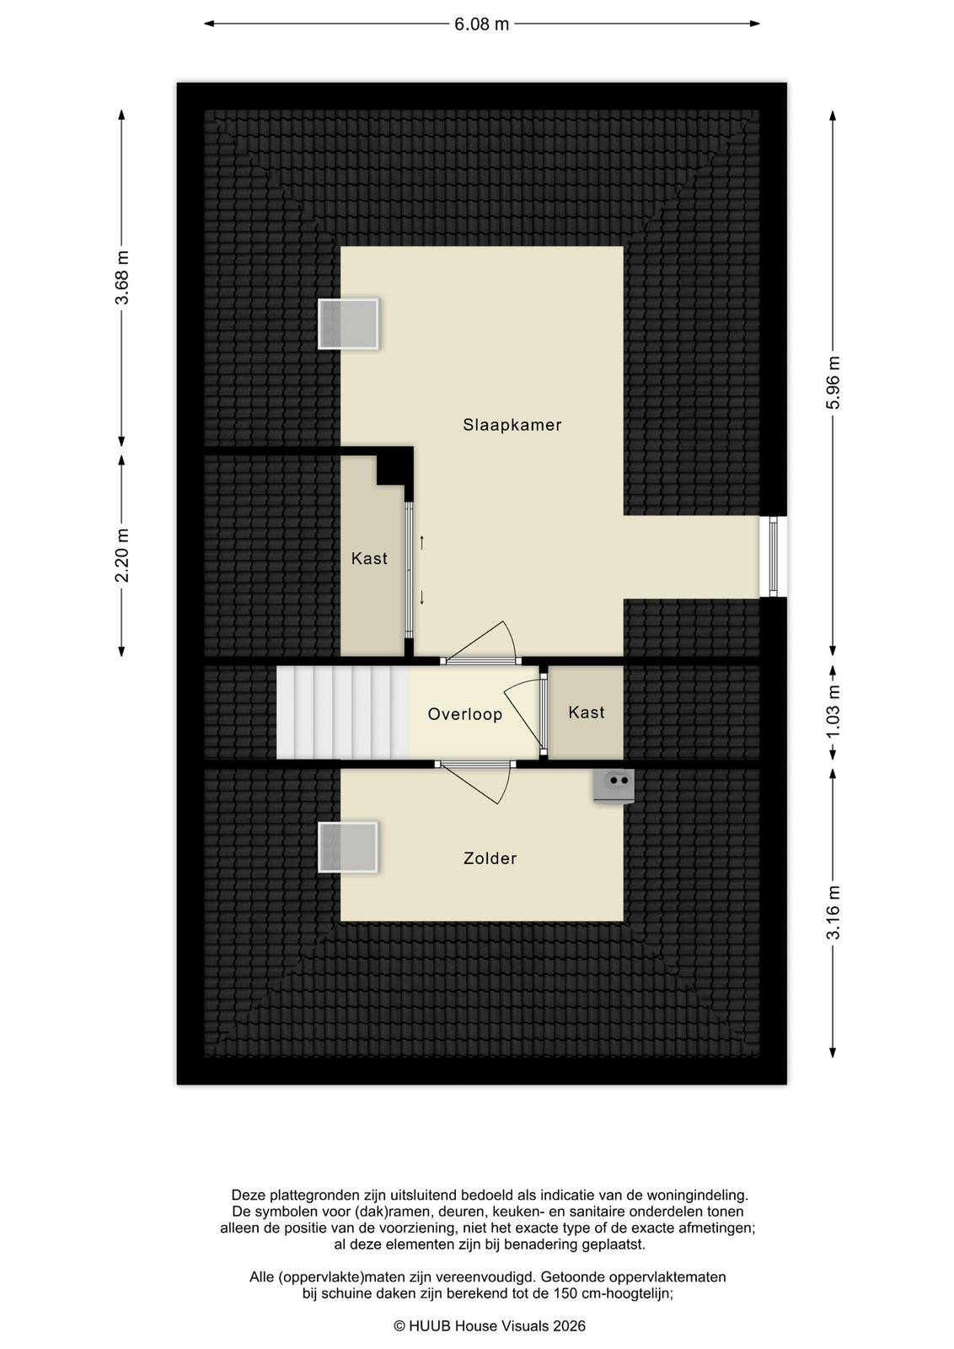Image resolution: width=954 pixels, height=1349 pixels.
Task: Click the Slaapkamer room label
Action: (512, 425)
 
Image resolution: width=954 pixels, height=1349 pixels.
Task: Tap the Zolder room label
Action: (490, 858)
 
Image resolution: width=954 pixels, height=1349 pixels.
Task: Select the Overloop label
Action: (464, 714)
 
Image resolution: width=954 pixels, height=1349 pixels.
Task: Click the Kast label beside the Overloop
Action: (587, 712)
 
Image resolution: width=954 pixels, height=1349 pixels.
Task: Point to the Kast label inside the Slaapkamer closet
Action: (369, 558)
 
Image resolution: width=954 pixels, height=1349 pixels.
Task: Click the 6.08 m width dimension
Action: (481, 24)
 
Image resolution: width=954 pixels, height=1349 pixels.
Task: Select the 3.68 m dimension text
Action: (123, 277)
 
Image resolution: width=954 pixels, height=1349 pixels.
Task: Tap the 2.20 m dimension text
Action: (123, 556)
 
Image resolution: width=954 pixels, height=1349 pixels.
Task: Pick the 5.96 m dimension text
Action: (833, 383)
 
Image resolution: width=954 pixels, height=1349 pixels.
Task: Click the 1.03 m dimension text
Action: (833, 712)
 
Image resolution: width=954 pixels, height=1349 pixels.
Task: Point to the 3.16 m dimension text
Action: (833, 912)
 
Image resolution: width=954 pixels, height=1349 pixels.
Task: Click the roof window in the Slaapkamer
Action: (348, 324)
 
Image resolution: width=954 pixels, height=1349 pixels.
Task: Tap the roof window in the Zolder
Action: (348, 846)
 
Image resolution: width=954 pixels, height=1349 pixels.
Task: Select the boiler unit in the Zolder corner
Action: (614, 785)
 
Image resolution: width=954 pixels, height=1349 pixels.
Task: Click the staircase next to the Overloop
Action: (343, 712)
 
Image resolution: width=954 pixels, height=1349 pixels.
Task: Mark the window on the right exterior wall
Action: (773, 556)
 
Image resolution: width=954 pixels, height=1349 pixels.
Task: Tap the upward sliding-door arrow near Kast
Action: (421, 542)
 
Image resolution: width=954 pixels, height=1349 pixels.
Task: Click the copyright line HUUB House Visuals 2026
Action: (490, 1325)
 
